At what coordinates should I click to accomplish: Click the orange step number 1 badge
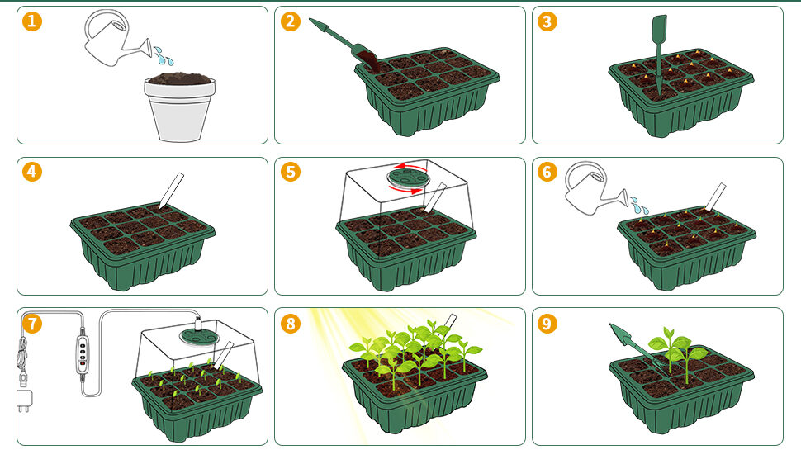click(x=32, y=21)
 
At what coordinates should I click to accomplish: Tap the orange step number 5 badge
click(x=290, y=172)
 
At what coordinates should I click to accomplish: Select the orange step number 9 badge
click(x=547, y=324)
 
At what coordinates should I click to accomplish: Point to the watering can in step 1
click(x=117, y=39)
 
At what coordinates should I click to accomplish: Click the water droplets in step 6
click(x=639, y=206)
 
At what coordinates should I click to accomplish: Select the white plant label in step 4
click(x=171, y=191)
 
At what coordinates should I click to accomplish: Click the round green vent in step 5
click(x=408, y=178)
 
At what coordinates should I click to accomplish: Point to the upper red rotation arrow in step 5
click(x=413, y=167)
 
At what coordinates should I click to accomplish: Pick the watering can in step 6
click(x=596, y=188)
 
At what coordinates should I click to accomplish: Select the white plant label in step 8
click(x=449, y=321)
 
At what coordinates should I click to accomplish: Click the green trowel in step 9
click(x=634, y=344)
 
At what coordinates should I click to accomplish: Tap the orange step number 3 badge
click(x=547, y=21)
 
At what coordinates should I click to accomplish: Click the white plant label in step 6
click(x=715, y=197)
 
